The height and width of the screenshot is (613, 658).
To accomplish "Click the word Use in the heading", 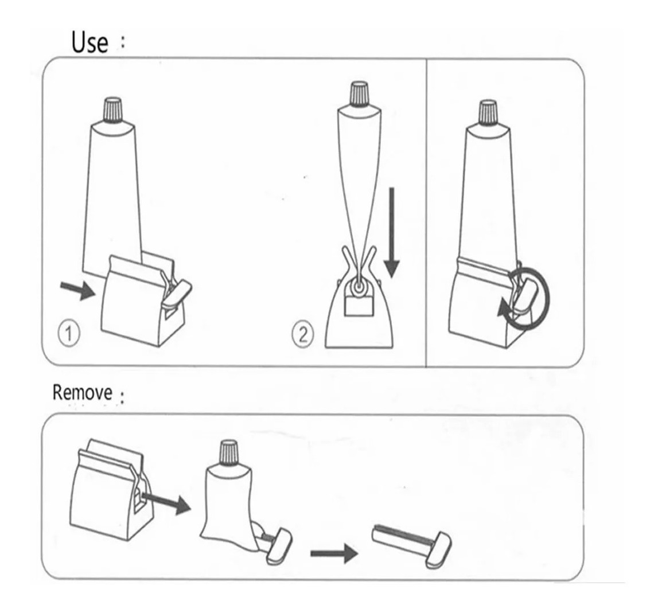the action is pyautogui.click(x=89, y=42).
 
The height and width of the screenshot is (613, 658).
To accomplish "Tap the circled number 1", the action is pyautogui.click(x=69, y=334).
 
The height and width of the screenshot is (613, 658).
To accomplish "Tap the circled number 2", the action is pyautogui.click(x=302, y=335).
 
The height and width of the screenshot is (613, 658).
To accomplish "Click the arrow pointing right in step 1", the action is pyautogui.click(x=78, y=290).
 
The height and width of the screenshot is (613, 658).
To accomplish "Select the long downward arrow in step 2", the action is pyautogui.click(x=392, y=232).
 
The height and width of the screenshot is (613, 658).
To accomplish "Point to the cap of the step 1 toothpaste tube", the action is pyautogui.click(x=113, y=110).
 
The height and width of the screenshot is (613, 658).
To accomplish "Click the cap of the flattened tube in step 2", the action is pyautogui.click(x=359, y=93).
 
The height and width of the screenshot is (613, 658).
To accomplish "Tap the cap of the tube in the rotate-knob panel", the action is pyautogui.click(x=488, y=111).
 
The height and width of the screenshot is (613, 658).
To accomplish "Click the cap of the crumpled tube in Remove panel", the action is pyautogui.click(x=229, y=451).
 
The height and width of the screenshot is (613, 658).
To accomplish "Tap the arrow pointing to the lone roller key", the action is pyautogui.click(x=334, y=553).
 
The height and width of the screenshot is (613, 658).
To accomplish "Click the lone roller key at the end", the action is pyautogui.click(x=412, y=544).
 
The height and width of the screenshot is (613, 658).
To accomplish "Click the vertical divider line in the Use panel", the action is pyautogui.click(x=426, y=213).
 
